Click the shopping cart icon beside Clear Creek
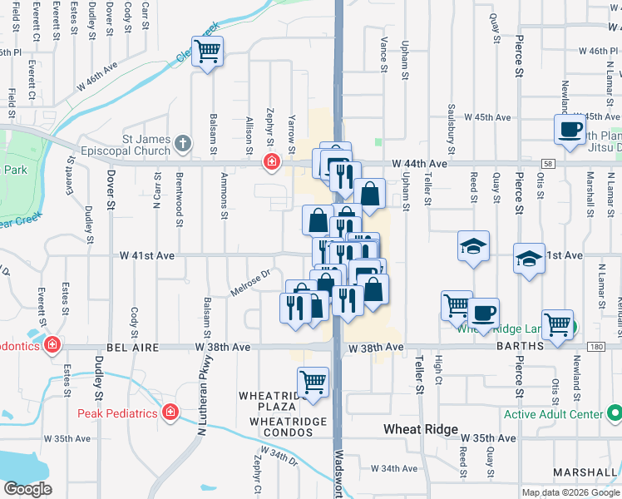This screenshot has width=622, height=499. tap(206, 52)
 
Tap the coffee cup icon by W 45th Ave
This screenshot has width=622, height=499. tap(570, 130)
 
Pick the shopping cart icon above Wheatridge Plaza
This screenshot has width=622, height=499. tap(313, 383)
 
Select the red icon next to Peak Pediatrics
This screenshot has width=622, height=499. tap(170, 412)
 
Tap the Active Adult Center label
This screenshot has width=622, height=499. tap(558, 413)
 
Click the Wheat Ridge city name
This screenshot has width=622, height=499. tap(420, 429)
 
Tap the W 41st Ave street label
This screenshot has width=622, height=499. tap(146, 256)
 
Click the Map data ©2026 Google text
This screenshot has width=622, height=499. tap(570, 492)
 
